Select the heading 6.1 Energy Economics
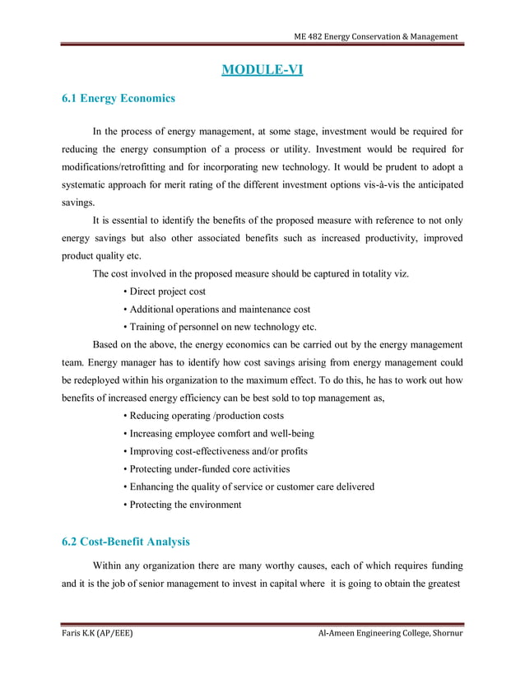tap(118, 99)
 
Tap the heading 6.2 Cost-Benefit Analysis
tap(126, 542)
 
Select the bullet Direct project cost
tap(165, 291)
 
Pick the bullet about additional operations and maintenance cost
tap(216, 310)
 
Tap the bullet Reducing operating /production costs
tap(202, 416)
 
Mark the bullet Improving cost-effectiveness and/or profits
tap(216, 451)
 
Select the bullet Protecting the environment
tap(182, 505)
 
